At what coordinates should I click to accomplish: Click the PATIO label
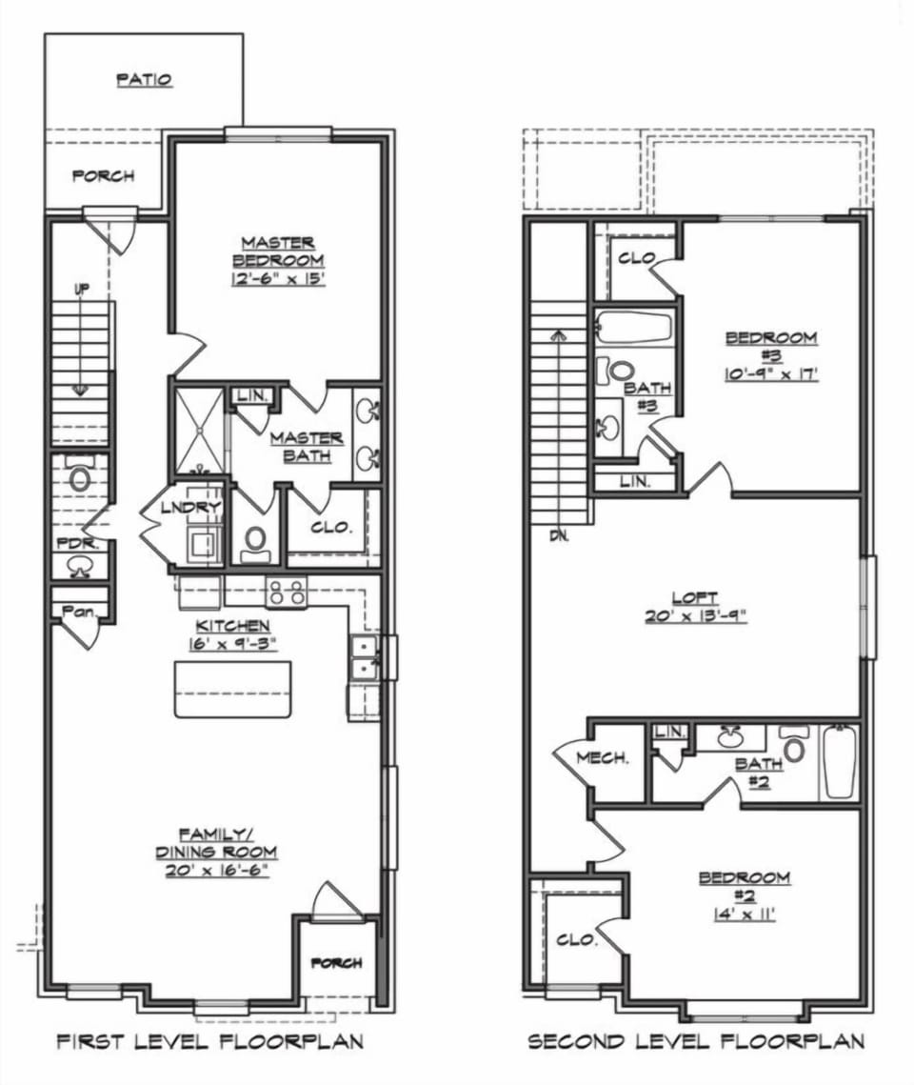click(x=144, y=80)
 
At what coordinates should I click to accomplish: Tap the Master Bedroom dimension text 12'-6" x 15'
click(x=277, y=278)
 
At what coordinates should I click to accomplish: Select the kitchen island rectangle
click(x=232, y=688)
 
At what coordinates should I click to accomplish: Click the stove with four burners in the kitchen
click(x=287, y=593)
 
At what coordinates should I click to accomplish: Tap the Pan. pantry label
click(x=78, y=612)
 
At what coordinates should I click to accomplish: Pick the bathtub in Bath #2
click(x=840, y=762)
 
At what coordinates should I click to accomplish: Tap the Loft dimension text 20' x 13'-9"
click(x=695, y=614)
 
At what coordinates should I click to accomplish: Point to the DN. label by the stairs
click(x=559, y=535)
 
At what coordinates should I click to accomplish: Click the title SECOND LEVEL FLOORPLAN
click(x=696, y=1041)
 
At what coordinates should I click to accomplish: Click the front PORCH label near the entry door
click(x=337, y=963)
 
